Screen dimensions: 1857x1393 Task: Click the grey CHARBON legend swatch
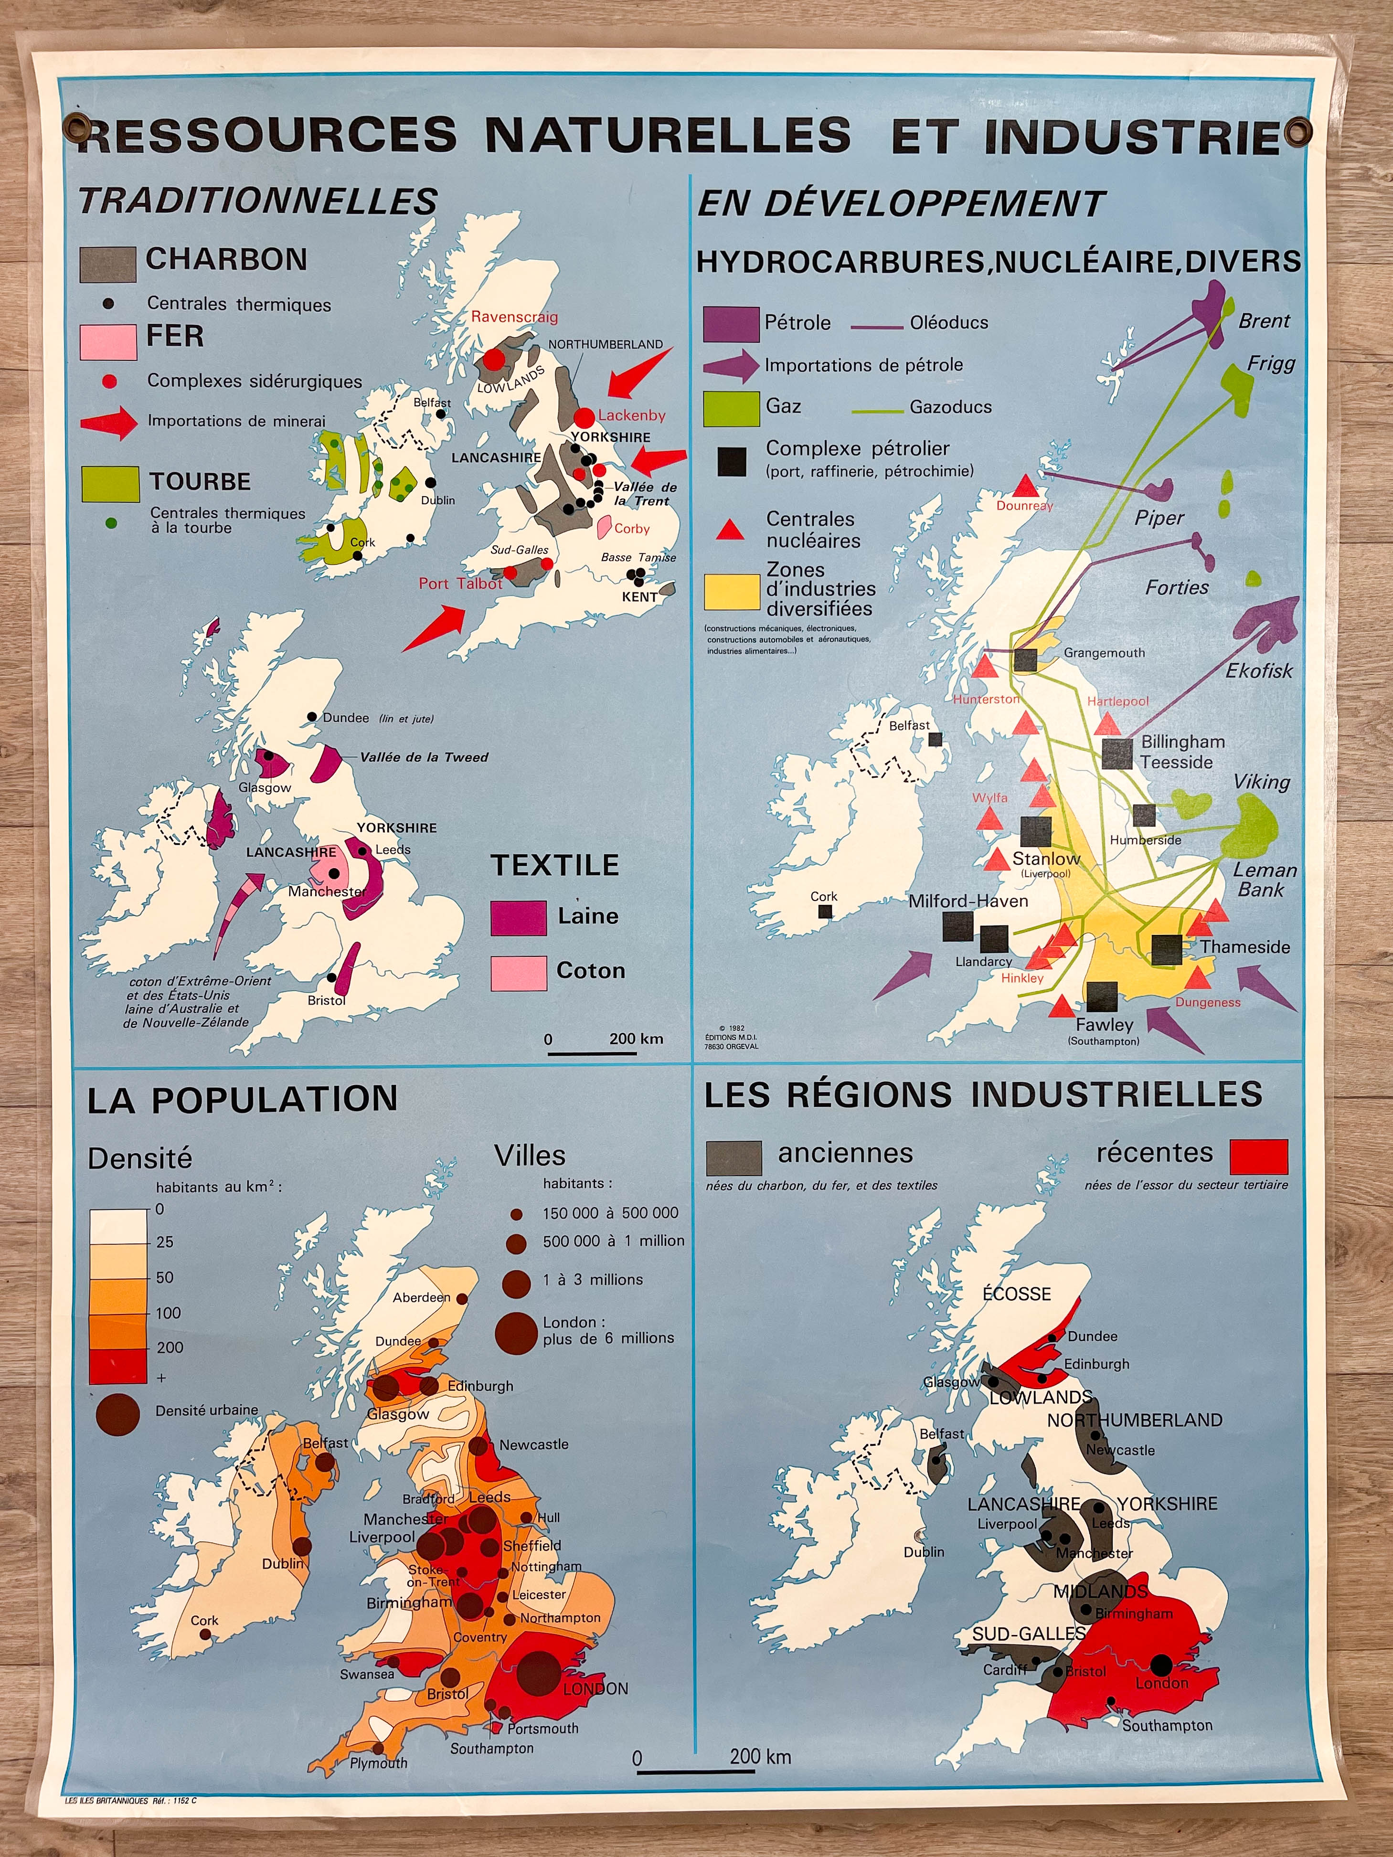tap(107, 264)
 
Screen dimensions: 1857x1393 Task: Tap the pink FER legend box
tap(107, 342)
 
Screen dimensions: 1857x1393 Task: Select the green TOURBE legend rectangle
tap(110, 484)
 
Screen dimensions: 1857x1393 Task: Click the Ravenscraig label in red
tap(514, 317)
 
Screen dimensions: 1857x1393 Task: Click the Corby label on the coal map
tap(631, 528)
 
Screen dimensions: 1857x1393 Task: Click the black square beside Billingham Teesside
tap(1117, 753)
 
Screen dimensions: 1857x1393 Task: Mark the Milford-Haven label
tap(968, 901)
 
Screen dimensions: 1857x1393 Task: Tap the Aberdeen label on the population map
tap(422, 1297)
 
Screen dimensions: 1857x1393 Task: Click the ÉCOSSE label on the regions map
tap(1016, 1294)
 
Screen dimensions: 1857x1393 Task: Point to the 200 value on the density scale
tap(170, 1347)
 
